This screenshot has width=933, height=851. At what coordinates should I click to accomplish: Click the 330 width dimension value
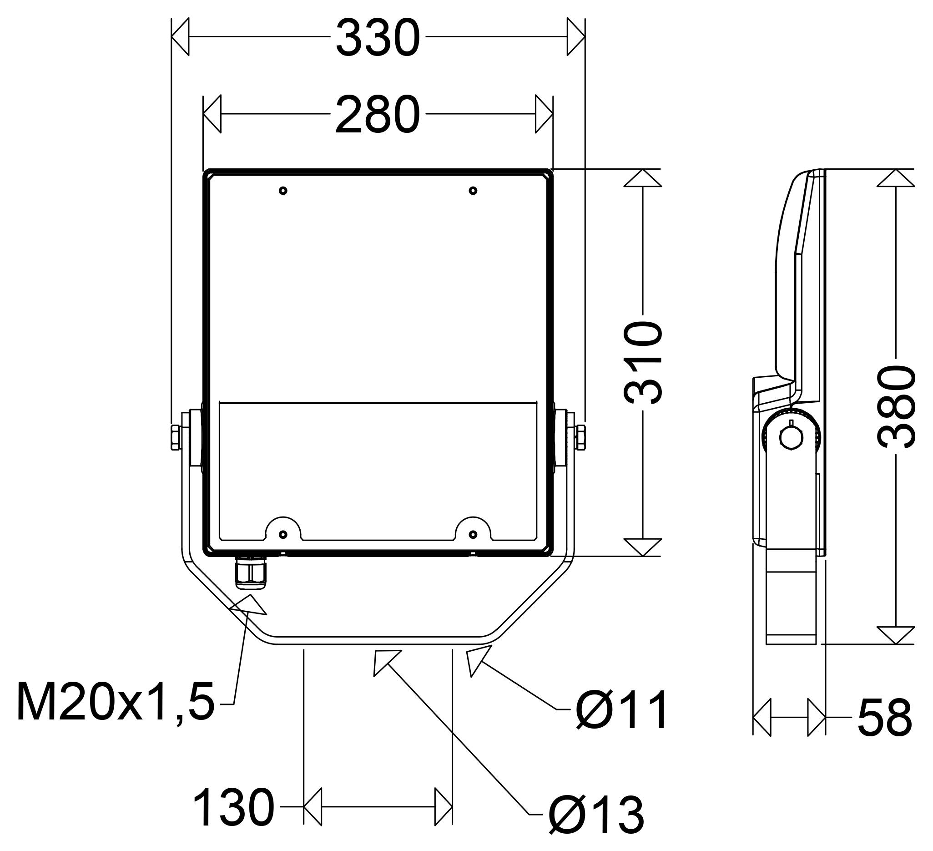378,38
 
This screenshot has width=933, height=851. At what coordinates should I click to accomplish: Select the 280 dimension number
378,115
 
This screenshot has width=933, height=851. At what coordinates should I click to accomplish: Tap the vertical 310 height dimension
642,363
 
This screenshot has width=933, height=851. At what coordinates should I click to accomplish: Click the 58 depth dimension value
884,718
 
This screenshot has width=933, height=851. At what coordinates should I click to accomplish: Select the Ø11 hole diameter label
621,710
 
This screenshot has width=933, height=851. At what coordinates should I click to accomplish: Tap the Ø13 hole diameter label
596,815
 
